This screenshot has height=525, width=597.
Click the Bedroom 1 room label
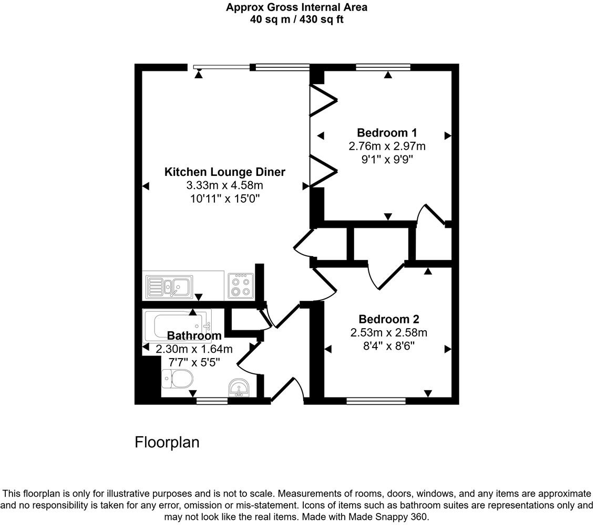point(387,132)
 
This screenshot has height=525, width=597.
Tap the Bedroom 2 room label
point(388,319)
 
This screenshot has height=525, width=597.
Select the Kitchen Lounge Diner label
point(225,172)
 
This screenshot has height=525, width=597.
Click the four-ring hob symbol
point(241,286)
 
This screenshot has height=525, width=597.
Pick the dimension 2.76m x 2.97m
point(387,145)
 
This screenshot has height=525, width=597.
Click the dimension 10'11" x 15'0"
point(225,198)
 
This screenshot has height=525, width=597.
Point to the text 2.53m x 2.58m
point(388,332)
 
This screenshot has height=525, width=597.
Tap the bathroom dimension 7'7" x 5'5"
point(194,362)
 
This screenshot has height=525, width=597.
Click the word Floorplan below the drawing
point(167,442)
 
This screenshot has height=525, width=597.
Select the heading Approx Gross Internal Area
point(297,7)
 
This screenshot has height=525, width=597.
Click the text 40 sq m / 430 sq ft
point(297,19)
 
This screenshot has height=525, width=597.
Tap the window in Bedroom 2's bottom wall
point(376,401)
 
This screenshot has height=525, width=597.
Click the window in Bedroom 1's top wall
point(383,67)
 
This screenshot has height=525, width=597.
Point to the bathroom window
point(212,401)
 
